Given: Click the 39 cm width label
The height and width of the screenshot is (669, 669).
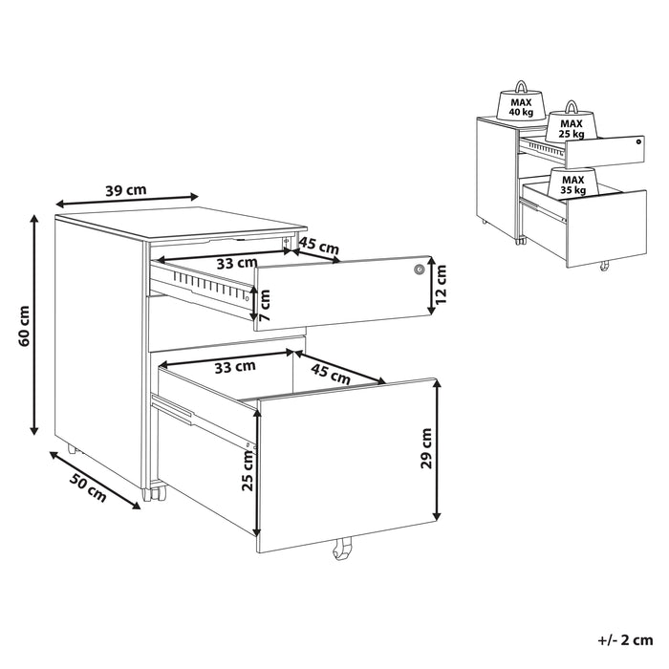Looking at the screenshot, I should [x=125, y=190].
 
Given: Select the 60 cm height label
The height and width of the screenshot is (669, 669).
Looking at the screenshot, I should [x=25, y=326].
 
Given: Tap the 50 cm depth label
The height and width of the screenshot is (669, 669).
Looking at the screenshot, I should [x=88, y=486].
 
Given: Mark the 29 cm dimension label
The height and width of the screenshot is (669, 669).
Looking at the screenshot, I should [x=425, y=447].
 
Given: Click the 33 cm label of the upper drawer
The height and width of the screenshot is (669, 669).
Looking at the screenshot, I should [x=234, y=262].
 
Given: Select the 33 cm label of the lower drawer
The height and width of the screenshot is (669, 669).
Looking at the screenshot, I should [x=232, y=365].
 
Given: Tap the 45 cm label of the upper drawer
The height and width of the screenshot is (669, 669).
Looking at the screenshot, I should [x=319, y=247].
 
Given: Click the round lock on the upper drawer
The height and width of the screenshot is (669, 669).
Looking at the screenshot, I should [x=418, y=270].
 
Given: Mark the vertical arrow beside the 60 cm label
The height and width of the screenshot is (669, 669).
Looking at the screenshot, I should [x=35, y=325].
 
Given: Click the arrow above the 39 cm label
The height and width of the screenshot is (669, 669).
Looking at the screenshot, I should [x=126, y=202].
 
